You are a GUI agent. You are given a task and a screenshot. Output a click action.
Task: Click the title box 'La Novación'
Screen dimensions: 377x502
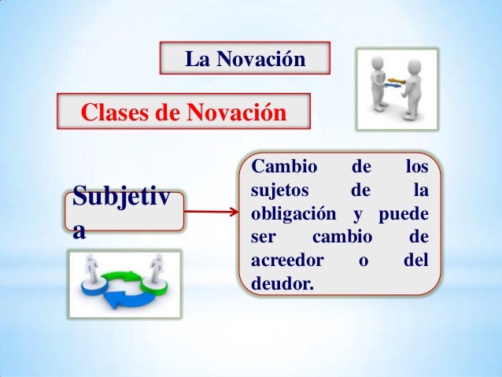click(243, 58)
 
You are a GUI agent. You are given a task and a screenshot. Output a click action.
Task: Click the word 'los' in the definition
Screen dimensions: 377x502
click(416, 168)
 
